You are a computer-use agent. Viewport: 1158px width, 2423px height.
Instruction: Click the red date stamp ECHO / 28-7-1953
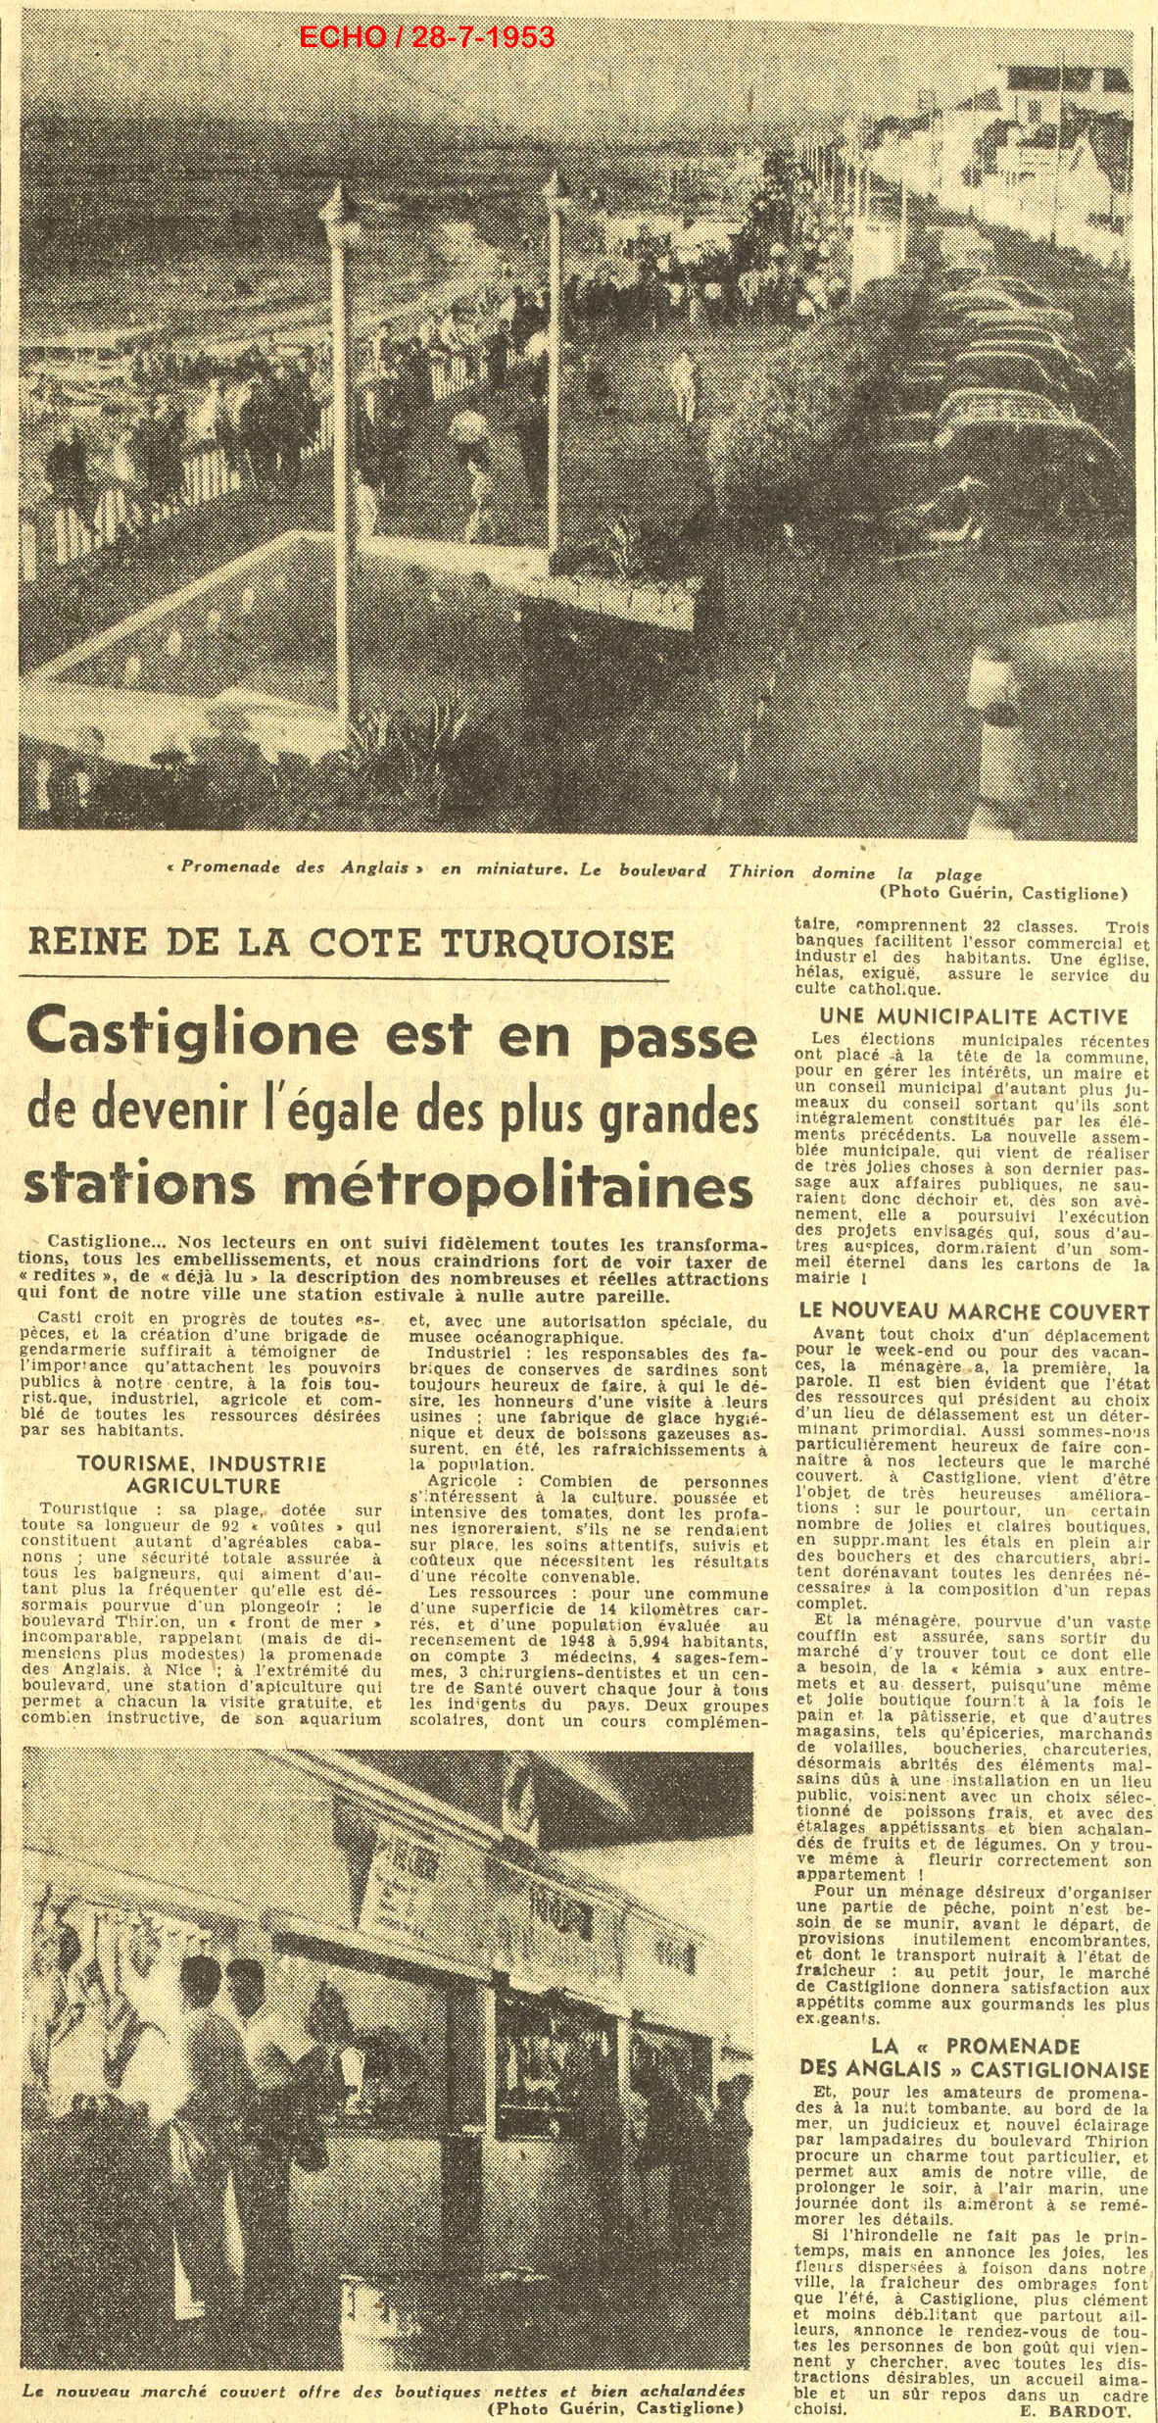[x=426, y=37]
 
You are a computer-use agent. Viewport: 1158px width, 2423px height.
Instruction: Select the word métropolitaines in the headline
[x=548, y=1184]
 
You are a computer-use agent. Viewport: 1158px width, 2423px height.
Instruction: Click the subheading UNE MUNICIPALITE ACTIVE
[x=974, y=1016]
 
